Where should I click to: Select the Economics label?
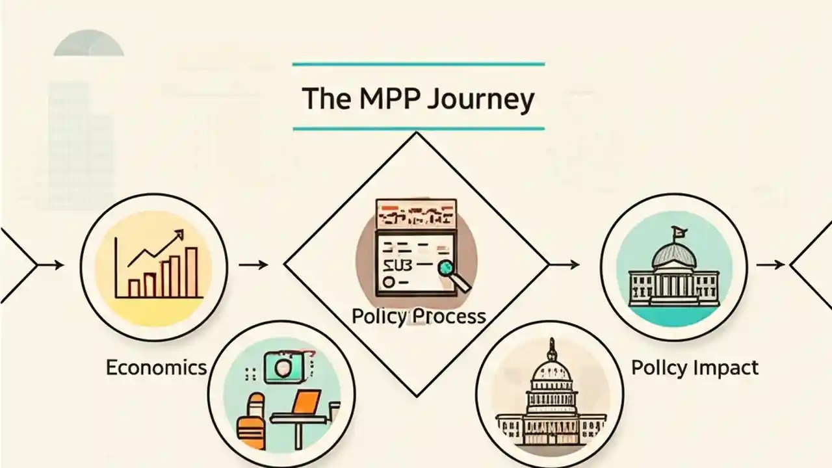[156, 367]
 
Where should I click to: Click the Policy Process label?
[418, 317]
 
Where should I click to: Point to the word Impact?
[725, 367]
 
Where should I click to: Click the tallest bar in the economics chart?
[191, 271]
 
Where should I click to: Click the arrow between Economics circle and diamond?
[253, 265]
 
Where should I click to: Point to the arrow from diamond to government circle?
[564, 265]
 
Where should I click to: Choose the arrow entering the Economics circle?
[51, 265]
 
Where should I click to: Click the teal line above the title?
[418, 64]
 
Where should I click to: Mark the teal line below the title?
[418, 129]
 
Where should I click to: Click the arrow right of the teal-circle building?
[770, 265]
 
